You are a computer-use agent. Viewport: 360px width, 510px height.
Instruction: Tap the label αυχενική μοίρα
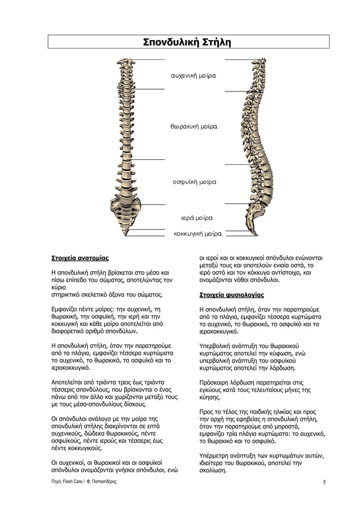(194, 75)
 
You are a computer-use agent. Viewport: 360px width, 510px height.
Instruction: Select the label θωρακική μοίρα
(194, 127)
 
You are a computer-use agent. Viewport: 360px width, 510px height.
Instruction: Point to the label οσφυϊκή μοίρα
(194, 182)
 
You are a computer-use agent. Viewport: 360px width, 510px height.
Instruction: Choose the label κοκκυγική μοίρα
(197, 233)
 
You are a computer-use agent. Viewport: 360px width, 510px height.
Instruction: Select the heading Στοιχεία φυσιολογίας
(231, 295)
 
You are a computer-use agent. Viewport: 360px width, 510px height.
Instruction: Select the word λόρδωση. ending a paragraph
(281, 367)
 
